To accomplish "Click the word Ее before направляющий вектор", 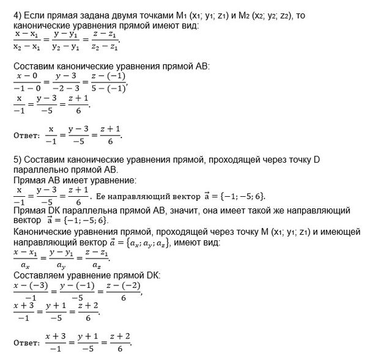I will click(103, 197).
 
